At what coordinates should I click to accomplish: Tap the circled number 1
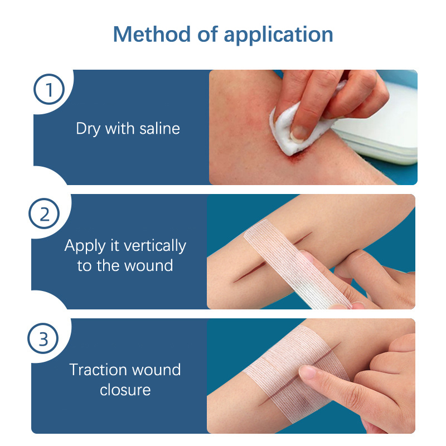click(x=49, y=90)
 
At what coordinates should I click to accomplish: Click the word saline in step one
click(x=157, y=129)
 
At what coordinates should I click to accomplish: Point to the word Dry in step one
click(x=88, y=129)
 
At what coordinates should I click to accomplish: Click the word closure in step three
click(x=125, y=390)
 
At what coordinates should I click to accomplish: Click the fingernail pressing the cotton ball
click(x=300, y=133)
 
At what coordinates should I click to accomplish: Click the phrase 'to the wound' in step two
click(x=125, y=265)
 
